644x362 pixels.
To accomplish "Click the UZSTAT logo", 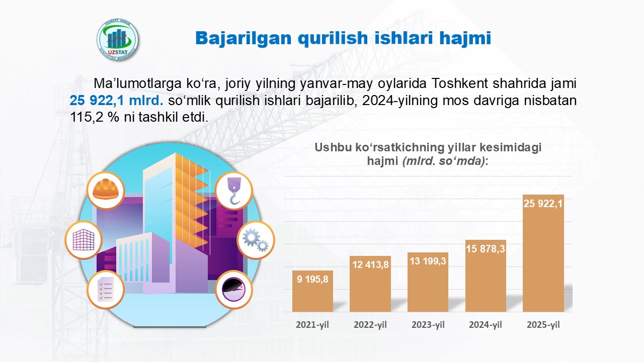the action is [x=117, y=40].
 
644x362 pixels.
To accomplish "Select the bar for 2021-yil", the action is [x=312, y=291].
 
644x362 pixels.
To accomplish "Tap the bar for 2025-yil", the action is [x=543, y=253].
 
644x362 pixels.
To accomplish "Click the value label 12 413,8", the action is [x=370, y=264].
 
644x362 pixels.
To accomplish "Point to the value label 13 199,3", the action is [x=428, y=261].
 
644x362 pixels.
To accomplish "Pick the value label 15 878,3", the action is [x=486, y=248].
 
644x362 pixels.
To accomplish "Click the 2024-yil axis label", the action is [x=486, y=325].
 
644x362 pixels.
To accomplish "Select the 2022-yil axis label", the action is [x=370, y=325].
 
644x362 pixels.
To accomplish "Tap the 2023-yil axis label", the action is [x=428, y=325].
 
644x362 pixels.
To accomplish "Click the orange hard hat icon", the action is [x=106, y=191].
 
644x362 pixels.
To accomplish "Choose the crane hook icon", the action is [x=234, y=191].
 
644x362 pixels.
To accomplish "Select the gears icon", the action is [x=256, y=240].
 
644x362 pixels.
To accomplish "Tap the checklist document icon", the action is [x=106, y=290].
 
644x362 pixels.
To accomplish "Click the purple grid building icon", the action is [x=84, y=240].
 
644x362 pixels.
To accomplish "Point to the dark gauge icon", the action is [x=234, y=290].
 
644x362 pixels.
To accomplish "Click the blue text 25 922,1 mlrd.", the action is [x=116, y=101].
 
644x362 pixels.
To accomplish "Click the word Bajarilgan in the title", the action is [x=244, y=38].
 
